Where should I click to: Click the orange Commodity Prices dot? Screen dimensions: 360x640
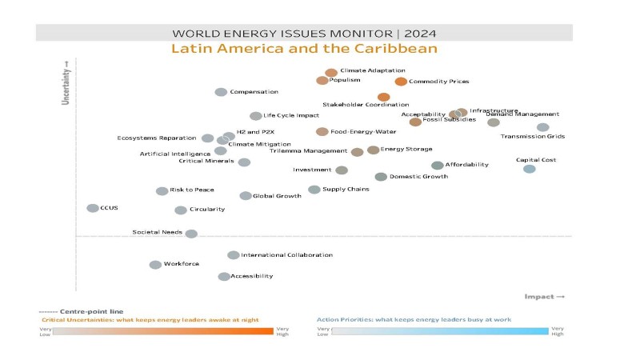(401, 81)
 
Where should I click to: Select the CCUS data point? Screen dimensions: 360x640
(93, 208)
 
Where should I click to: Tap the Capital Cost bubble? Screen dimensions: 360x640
(529, 169)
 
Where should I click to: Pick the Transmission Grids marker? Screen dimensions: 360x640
(543, 127)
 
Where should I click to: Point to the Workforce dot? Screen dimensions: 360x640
(155, 265)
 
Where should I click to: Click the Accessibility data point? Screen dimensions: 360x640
(224, 277)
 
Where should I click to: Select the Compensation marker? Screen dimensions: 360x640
(221, 92)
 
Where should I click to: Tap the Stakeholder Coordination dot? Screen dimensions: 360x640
(384, 97)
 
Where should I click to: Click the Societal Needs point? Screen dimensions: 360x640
(191, 234)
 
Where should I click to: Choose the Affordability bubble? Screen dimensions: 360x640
(437, 166)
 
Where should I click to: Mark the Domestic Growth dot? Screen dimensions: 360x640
(381, 177)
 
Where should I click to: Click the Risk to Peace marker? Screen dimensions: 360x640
(162, 190)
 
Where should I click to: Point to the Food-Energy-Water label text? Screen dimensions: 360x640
(363, 132)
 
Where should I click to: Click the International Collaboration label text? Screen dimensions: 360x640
(286, 255)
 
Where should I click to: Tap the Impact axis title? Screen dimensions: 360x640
(544, 297)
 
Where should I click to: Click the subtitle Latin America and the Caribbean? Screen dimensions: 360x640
(304, 50)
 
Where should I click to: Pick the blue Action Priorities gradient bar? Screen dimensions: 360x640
(440, 330)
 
